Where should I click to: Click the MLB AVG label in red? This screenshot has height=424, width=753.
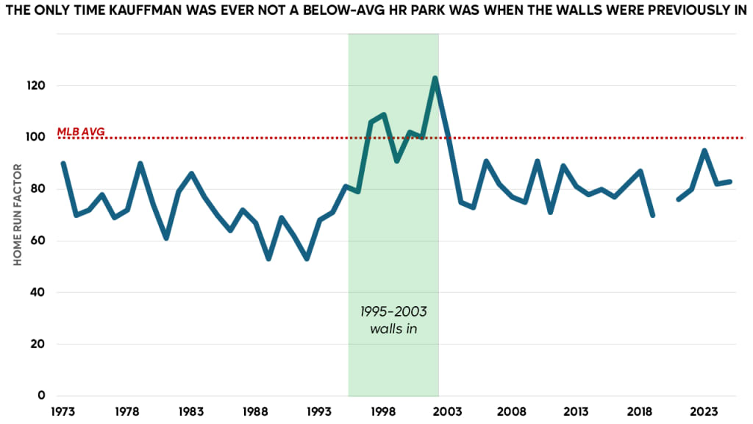click(81, 132)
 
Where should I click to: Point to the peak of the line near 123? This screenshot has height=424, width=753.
click(435, 78)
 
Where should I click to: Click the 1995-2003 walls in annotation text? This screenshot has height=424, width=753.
click(393, 319)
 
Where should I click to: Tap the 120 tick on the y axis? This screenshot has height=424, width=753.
click(38, 85)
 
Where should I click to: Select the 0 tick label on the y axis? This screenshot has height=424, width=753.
click(43, 395)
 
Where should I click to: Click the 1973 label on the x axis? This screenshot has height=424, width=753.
click(63, 411)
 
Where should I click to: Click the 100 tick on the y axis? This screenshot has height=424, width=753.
click(38, 137)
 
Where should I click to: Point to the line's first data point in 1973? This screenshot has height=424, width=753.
click(63, 163)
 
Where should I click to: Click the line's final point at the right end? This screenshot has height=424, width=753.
click(729, 181)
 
